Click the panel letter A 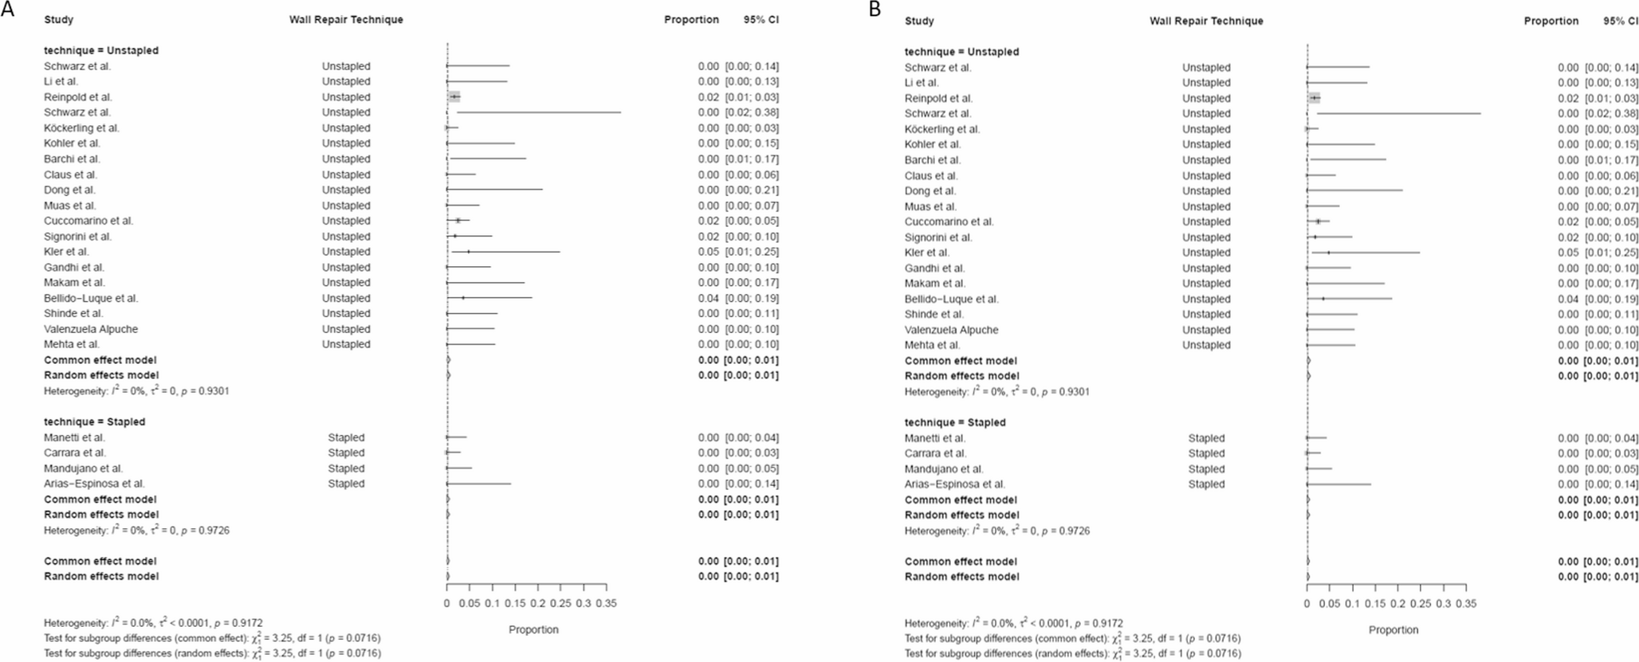[7, 9]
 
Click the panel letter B [875, 9]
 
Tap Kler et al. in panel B [927, 253]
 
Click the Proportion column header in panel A [691, 20]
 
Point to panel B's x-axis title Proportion [1393, 629]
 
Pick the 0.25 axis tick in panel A [560, 604]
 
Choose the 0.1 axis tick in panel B [1352, 604]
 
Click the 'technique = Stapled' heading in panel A [95, 421]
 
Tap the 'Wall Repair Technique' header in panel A [346, 20]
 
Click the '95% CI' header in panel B [1621, 21]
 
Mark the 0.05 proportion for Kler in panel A [708, 252]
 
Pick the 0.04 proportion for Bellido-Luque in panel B [1568, 299]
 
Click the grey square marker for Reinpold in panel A [454, 97]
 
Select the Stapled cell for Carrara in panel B [1206, 453]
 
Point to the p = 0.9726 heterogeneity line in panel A [136, 531]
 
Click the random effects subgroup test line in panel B [1072, 653]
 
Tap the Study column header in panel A [59, 20]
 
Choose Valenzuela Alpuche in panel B [951, 330]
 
